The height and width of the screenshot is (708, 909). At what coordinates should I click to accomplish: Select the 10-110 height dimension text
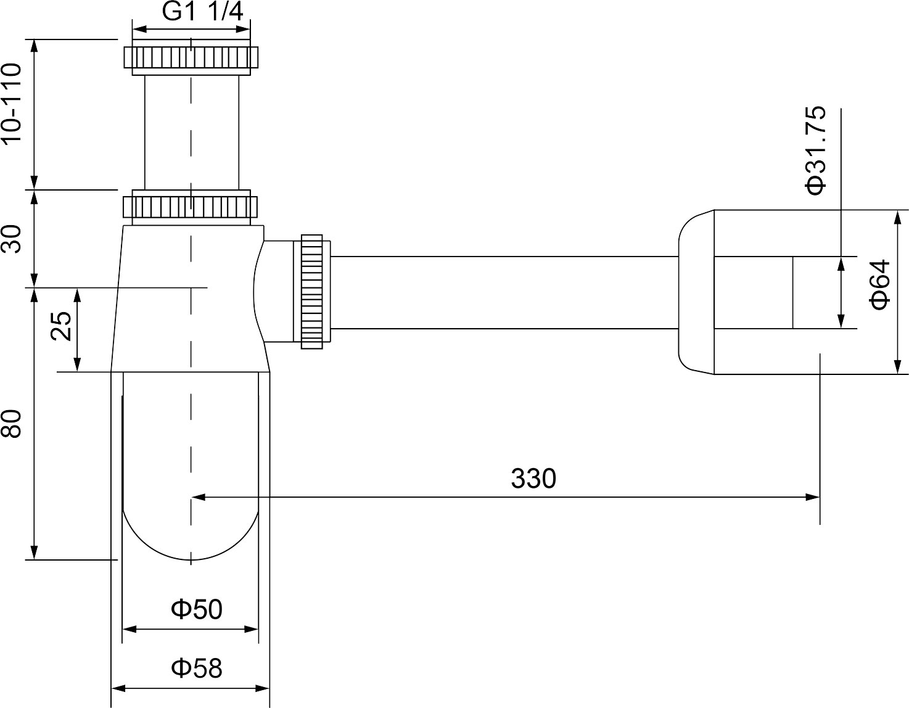13,104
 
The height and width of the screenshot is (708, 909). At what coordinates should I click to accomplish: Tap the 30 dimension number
13,239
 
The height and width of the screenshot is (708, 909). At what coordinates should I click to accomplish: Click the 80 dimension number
13,424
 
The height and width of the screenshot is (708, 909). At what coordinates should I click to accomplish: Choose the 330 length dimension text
533,479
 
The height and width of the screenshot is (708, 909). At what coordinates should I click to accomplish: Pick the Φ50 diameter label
197,609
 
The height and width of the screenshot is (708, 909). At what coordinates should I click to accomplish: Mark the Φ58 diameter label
197,667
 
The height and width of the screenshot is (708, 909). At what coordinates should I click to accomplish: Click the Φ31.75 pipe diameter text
816,150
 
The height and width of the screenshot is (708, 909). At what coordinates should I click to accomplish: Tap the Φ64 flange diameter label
881,284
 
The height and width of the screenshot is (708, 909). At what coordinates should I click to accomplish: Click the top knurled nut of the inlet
191,57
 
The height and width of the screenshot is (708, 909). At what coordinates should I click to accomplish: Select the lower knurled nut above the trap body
191,207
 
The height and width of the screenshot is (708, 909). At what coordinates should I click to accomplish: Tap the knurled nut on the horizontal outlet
312,292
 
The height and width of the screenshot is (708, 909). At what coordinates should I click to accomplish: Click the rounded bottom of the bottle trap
191,537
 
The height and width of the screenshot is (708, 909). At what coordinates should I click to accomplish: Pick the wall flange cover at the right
697,292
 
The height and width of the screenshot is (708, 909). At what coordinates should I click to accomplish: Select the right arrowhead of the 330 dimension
814,496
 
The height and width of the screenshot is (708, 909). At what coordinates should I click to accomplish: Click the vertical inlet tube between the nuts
191,133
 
